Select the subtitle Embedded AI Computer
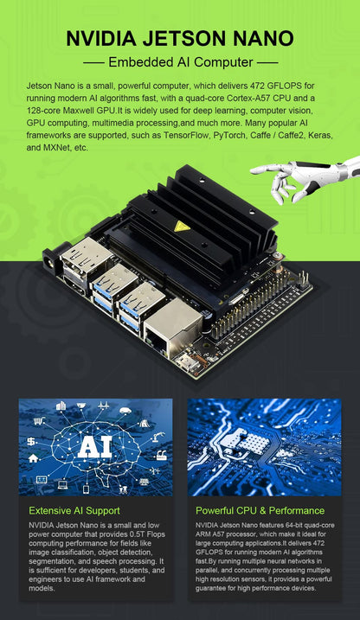click(x=179, y=62)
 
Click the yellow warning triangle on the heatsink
click(x=181, y=227)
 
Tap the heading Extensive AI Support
click(x=74, y=510)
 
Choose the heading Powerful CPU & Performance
click(x=260, y=510)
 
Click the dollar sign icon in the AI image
click(x=32, y=441)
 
